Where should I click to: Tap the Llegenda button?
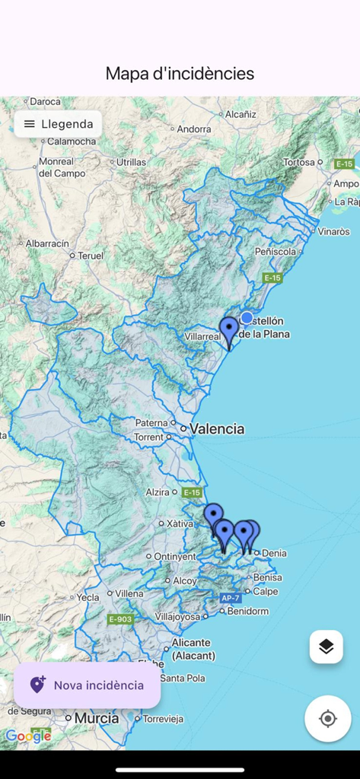58,124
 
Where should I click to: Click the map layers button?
326,647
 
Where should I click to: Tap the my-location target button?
327,718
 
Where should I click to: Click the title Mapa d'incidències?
180,74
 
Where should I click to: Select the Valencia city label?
217,429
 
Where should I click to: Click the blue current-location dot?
247,318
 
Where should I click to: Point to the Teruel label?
90,256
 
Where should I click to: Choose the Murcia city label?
96,718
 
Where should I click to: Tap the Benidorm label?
247,611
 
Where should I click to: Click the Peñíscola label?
275,251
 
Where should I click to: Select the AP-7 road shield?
231,598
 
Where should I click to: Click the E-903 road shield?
120,619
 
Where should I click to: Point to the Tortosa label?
298,162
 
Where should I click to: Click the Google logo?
28,736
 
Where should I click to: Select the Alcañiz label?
241,114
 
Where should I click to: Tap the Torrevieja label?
163,718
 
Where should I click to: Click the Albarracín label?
47,243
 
